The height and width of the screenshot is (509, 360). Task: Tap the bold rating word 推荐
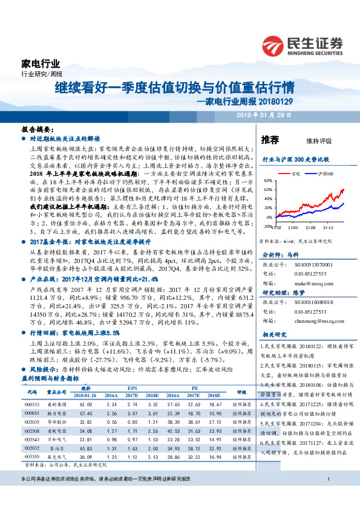[270, 140]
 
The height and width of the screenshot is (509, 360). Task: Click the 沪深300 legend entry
[322, 173]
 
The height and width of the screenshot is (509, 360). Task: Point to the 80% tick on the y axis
[268, 181]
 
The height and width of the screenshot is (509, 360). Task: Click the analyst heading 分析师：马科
[280, 239]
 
